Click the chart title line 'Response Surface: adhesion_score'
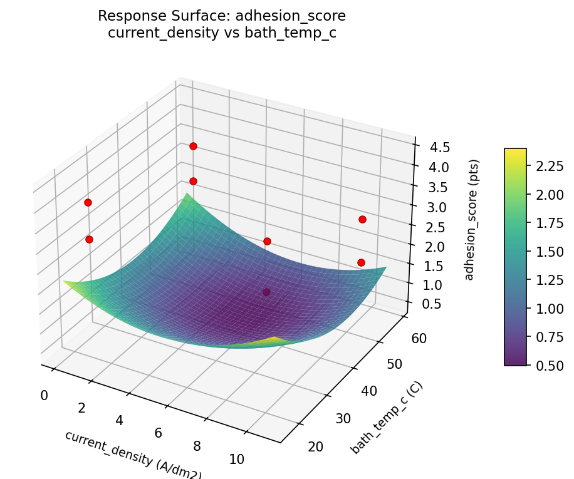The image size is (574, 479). point(222,16)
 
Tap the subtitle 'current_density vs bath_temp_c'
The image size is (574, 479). point(222,33)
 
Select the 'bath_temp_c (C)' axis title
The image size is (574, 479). point(387,418)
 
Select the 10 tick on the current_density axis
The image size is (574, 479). point(236,460)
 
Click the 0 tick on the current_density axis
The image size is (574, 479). point(44,395)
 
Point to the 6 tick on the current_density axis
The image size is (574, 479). point(158,433)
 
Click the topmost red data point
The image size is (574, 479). point(193,146)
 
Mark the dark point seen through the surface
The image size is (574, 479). point(267,292)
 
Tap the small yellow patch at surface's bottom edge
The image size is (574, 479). point(274,341)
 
